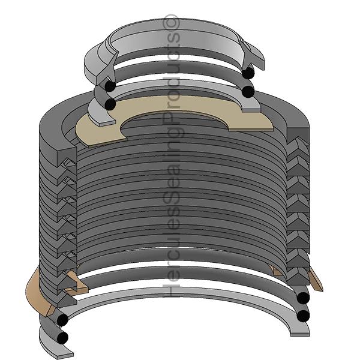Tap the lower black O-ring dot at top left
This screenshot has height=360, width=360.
(x=110, y=104)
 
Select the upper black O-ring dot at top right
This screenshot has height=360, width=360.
(x=248, y=73)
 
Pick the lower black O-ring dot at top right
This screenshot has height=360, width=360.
(x=248, y=91)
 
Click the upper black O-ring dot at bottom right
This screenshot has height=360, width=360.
(x=303, y=298)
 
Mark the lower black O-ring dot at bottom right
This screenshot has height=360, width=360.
(x=304, y=315)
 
